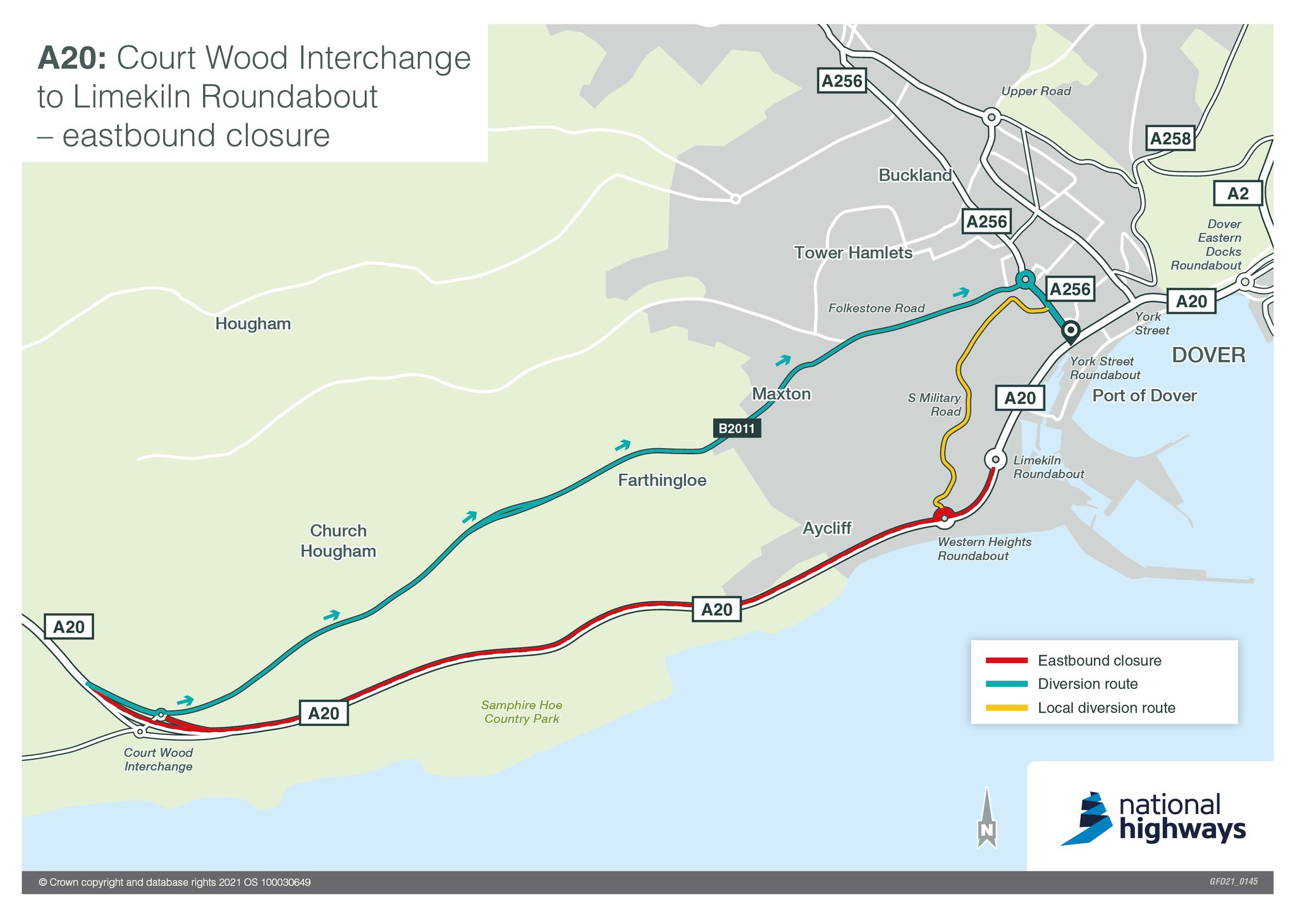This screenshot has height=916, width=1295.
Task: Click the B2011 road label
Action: click(x=737, y=428)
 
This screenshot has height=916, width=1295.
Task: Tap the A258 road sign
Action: click(x=1170, y=139)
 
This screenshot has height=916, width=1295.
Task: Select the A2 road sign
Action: click(x=1237, y=194)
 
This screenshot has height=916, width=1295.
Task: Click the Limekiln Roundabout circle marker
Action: click(x=995, y=459)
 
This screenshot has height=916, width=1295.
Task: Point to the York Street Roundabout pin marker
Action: click(x=1070, y=331)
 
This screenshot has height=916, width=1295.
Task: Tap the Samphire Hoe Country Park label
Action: click(x=522, y=712)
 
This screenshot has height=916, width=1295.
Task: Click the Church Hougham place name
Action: click(x=338, y=541)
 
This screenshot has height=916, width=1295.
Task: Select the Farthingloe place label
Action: click(x=662, y=480)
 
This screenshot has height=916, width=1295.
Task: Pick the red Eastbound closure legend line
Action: click(x=1007, y=660)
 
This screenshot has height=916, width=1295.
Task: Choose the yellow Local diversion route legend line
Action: click(x=1007, y=708)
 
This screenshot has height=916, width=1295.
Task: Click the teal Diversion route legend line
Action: click(x=1007, y=684)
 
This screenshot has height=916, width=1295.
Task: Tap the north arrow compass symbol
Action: click(x=986, y=819)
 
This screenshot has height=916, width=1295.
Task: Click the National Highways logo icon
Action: click(x=1086, y=819)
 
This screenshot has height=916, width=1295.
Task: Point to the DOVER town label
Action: click(x=1208, y=355)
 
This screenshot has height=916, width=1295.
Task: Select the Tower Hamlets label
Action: click(x=853, y=253)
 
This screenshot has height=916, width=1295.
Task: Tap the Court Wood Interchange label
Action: click(x=158, y=759)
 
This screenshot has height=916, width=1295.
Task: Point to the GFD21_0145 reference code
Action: click(x=1233, y=882)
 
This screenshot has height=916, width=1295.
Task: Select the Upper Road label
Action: click(x=1036, y=91)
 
